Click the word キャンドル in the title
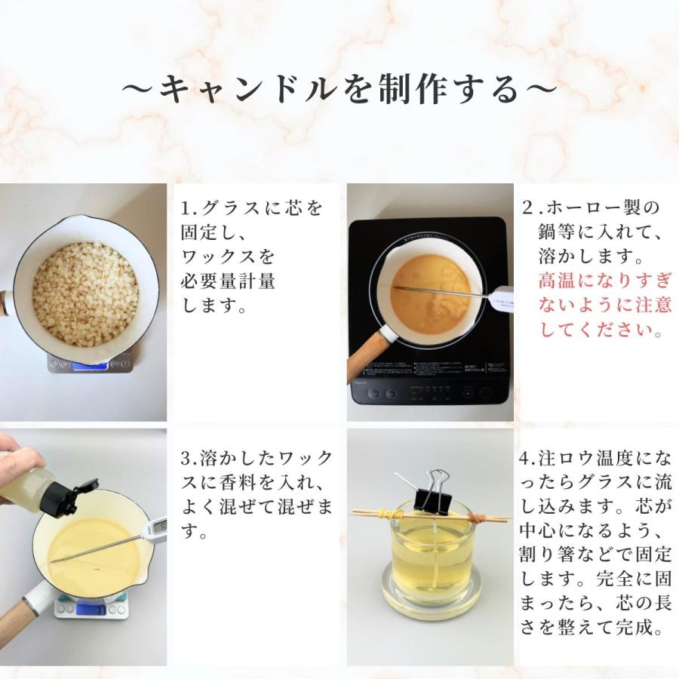[x=248, y=89]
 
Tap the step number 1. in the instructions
[x=189, y=209]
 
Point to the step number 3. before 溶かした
[x=189, y=459]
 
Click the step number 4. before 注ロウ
[x=527, y=459]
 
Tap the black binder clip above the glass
[x=432, y=493]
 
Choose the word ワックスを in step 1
[x=228, y=257]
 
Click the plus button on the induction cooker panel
[x=468, y=394]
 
